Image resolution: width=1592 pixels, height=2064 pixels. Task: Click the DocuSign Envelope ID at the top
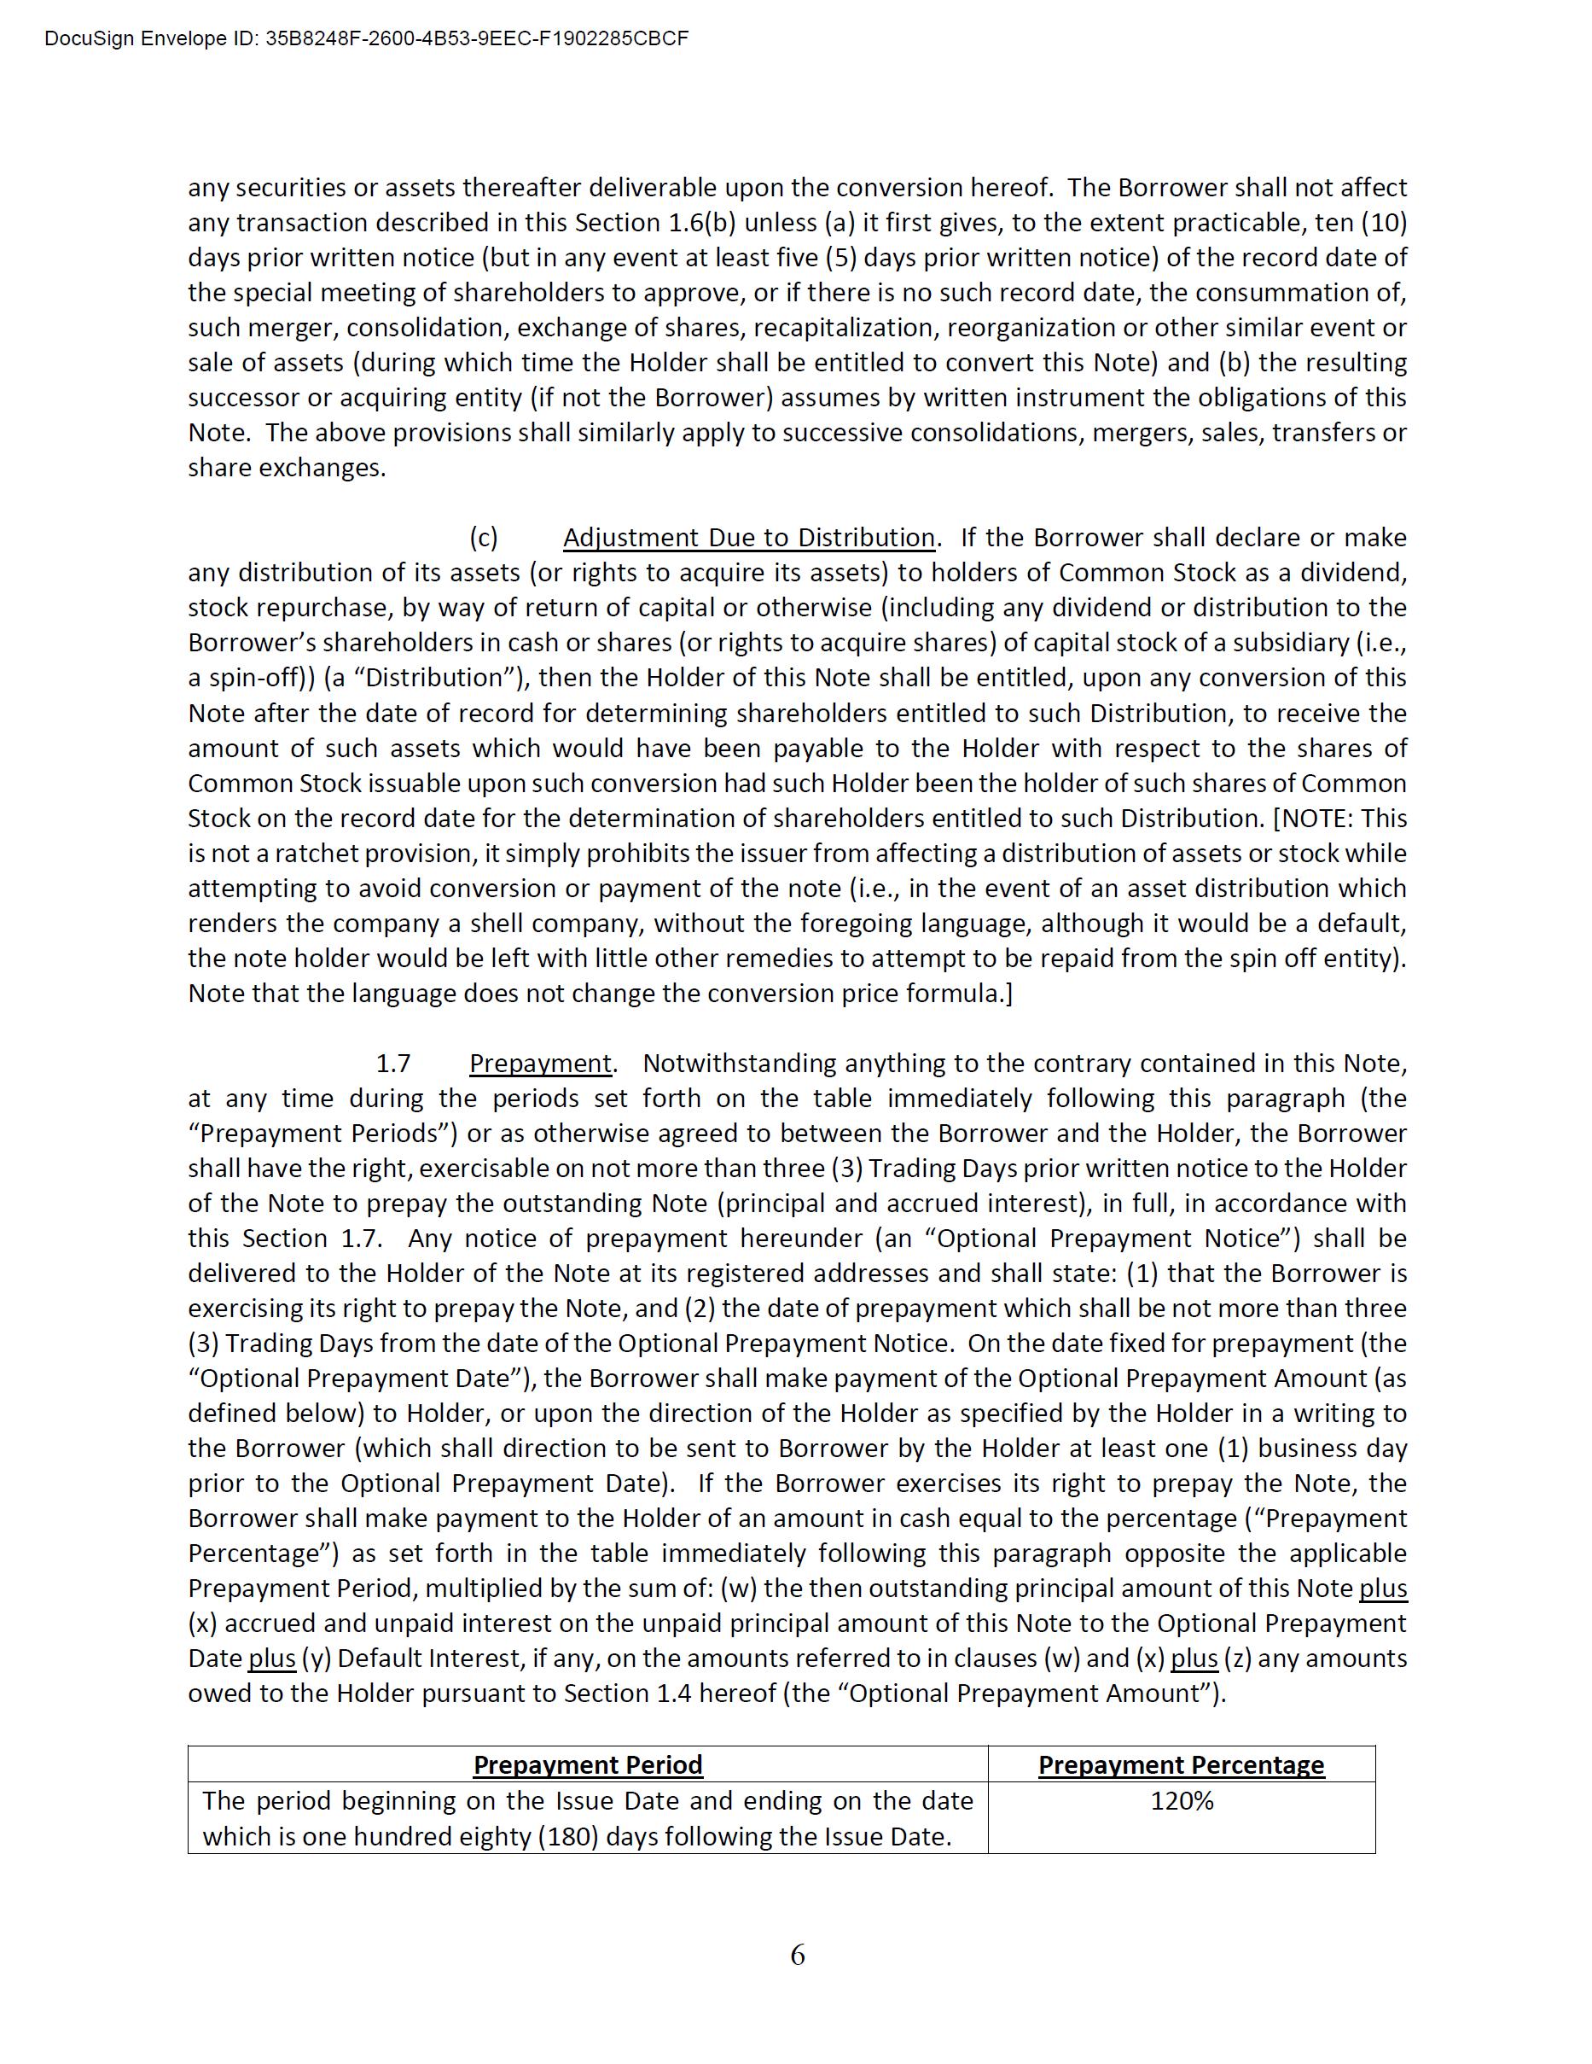367,38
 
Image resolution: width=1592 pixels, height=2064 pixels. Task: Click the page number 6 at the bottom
798,1955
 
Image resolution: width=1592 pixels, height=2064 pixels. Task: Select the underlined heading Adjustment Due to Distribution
748,538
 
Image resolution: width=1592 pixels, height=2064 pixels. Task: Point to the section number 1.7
393,1064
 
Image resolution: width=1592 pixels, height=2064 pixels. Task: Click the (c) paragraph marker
484,538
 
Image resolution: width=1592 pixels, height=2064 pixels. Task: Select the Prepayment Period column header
588,1765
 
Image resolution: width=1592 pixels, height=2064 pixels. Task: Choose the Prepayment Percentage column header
1181,1765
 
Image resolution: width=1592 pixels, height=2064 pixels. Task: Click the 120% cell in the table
1181,1801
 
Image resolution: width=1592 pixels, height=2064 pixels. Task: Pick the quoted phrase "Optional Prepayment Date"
358,1379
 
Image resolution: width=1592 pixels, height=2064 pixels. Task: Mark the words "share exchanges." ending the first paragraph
287,468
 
